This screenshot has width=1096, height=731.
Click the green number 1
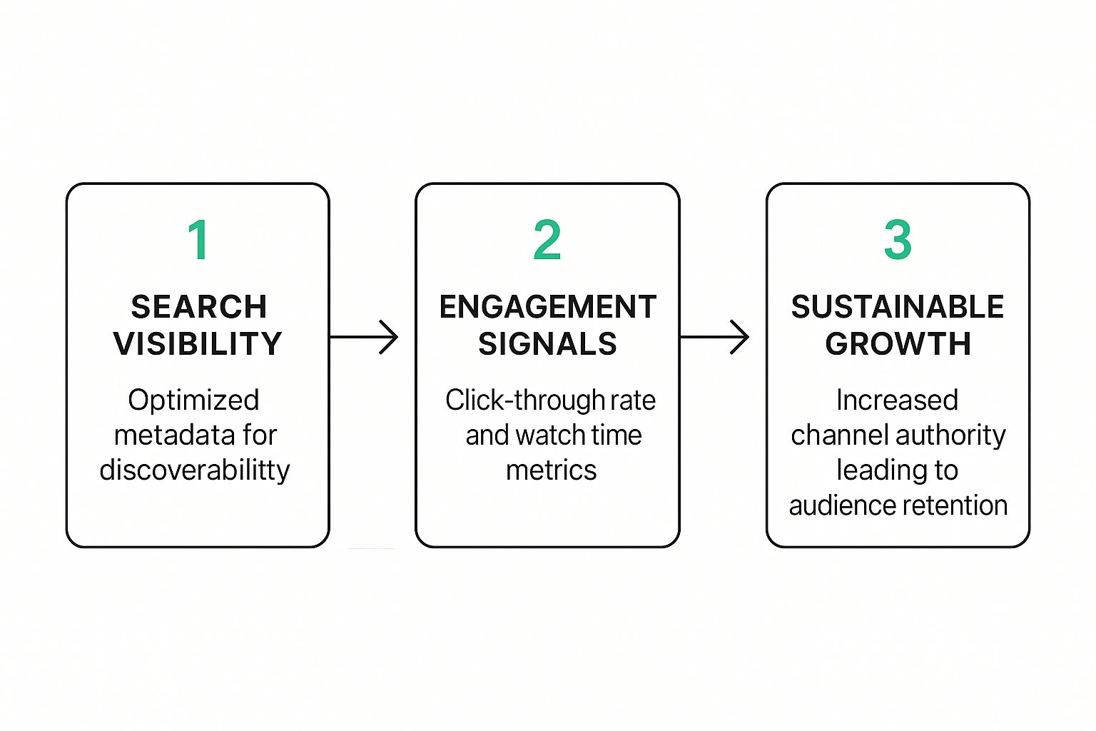tap(198, 241)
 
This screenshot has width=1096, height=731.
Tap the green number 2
tap(547, 241)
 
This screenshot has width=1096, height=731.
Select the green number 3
tap(898, 241)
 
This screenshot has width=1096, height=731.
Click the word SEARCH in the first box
tap(199, 308)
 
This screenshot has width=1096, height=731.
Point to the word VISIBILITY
tap(198, 344)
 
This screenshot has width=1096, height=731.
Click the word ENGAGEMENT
tap(547, 308)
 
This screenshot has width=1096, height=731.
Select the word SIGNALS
tap(547, 344)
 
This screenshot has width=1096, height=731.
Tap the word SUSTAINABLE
tap(898, 308)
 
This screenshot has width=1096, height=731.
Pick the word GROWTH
tap(898, 344)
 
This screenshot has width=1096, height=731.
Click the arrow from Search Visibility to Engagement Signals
tap(364, 337)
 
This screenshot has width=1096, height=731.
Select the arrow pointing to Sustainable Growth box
tap(715, 337)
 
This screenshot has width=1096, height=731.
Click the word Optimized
tap(193, 400)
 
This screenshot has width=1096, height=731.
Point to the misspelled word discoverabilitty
tap(195, 470)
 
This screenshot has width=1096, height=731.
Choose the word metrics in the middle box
tap(551, 470)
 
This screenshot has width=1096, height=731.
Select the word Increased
tap(897, 400)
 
